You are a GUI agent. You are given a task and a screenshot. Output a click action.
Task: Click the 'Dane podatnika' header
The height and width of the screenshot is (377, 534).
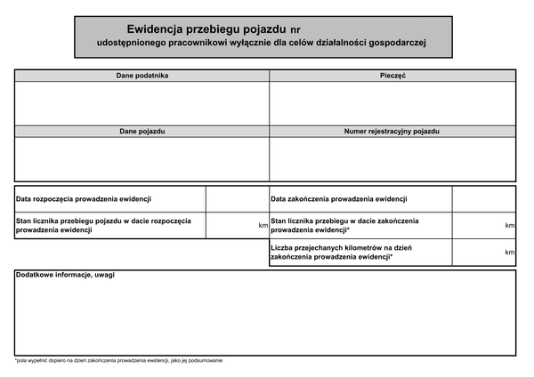[x=142, y=76]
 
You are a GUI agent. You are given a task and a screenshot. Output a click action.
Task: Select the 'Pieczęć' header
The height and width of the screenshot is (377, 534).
[x=392, y=76]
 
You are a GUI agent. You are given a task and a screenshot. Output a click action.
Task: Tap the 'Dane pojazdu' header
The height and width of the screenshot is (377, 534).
[x=142, y=131]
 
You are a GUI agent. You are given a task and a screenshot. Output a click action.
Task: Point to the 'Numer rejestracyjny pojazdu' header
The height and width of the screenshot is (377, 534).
[x=392, y=131]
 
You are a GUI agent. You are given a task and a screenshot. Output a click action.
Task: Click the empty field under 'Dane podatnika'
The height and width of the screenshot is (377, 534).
[x=142, y=102]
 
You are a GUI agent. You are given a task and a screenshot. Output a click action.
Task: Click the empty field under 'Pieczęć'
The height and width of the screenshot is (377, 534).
[x=392, y=102]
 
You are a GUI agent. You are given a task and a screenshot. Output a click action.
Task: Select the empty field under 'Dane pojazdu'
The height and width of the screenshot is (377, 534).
[x=142, y=158]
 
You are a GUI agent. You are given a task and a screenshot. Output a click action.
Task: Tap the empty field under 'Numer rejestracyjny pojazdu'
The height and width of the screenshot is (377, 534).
[x=392, y=158]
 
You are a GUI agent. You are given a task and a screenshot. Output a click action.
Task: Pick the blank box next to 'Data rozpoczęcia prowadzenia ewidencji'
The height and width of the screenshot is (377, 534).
[x=237, y=199]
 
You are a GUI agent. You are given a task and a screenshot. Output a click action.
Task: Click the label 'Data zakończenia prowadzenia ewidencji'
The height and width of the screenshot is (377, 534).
[x=339, y=199]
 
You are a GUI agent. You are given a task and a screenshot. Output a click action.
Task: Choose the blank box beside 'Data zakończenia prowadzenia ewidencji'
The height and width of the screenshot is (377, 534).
[x=483, y=199]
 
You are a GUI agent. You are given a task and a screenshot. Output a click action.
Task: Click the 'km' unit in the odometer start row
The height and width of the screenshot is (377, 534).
[x=263, y=226]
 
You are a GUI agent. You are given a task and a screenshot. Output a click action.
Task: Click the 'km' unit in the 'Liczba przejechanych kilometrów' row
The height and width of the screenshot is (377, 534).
[x=510, y=253]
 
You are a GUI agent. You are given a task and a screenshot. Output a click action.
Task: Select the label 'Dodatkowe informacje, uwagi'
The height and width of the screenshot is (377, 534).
[x=66, y=275]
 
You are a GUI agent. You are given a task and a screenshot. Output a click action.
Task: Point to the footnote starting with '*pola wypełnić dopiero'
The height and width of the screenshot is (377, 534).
[x=118, y=360]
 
